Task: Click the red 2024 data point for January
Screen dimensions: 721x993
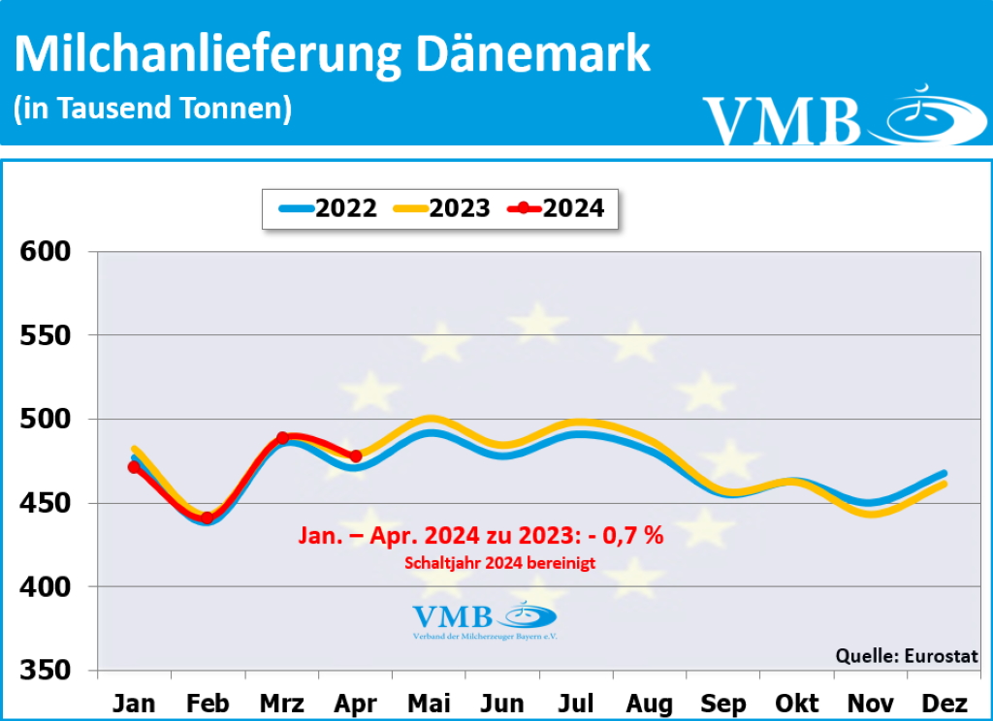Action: point(134,467)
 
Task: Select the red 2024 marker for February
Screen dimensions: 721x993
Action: point(207,518)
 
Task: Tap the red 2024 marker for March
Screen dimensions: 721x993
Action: point(282,438)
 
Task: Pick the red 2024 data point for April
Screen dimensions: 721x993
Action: point(356,455)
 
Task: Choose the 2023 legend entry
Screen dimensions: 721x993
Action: point(441,207)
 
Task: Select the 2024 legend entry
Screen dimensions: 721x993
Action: point(557,207)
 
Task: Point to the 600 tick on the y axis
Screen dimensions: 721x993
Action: point(47,252)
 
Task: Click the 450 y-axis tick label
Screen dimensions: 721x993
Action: point(47,503)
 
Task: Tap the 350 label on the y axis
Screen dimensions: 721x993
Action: point(47,671)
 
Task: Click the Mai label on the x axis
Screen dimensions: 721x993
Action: point(429,703)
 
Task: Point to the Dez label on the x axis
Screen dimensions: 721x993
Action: point(942,703)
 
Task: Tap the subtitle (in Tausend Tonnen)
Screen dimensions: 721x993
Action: point(152,108)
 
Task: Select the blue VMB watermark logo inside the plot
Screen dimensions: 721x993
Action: point(484,619)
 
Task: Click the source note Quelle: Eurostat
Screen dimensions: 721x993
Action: point(907,656)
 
